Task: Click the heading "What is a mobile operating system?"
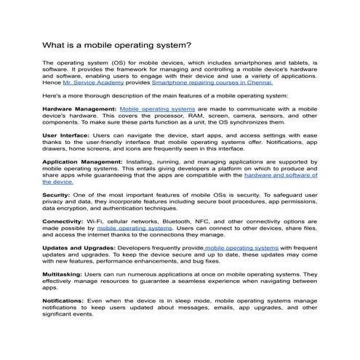point(116,44)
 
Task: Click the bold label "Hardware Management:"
point(79,108)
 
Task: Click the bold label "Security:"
point(57,195)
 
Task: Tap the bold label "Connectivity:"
point(63,220)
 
